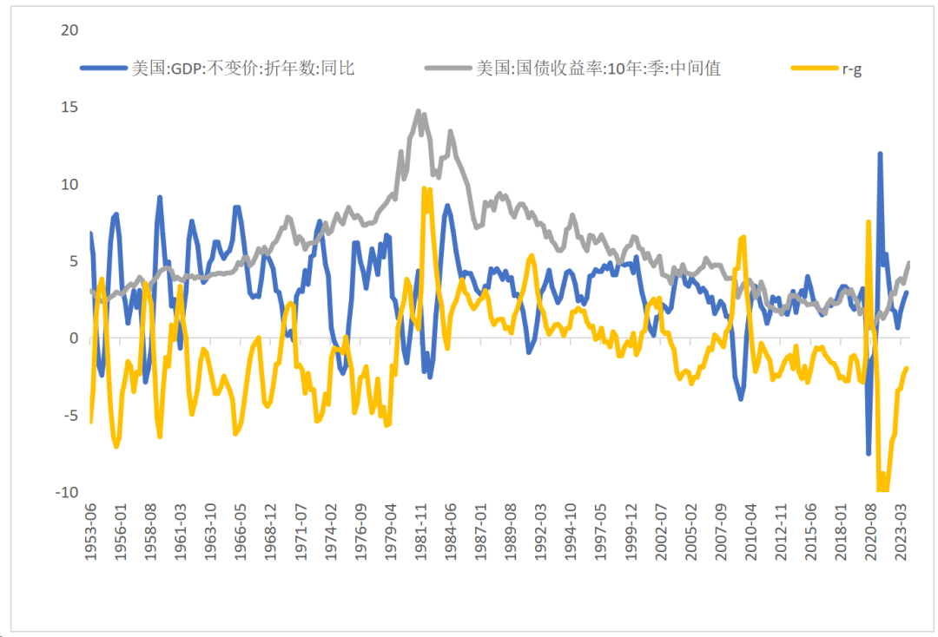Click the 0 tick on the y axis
[74, 338]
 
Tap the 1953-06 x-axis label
[90, 532]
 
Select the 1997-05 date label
[600, 532]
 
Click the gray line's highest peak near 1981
[419, 111]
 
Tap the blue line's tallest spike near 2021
[880, 154]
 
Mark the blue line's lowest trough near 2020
[868, 453]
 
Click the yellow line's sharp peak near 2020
[869, 222]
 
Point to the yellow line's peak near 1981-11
[424, 188]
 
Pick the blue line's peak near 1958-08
[160, 198]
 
